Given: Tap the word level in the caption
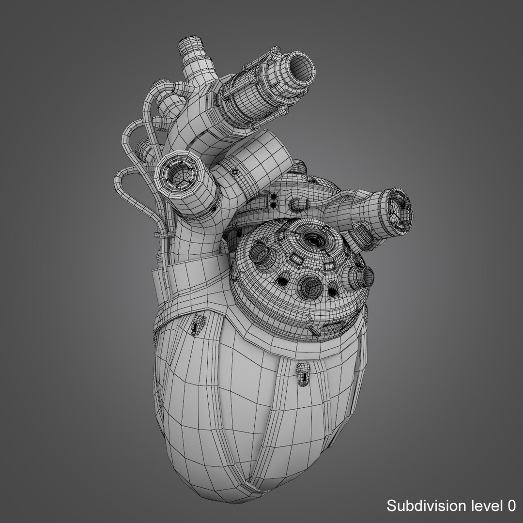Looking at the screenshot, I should pos(486,507).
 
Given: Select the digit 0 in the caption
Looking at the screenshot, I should pos(511,507).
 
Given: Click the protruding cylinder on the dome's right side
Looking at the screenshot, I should pos(361,276).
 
